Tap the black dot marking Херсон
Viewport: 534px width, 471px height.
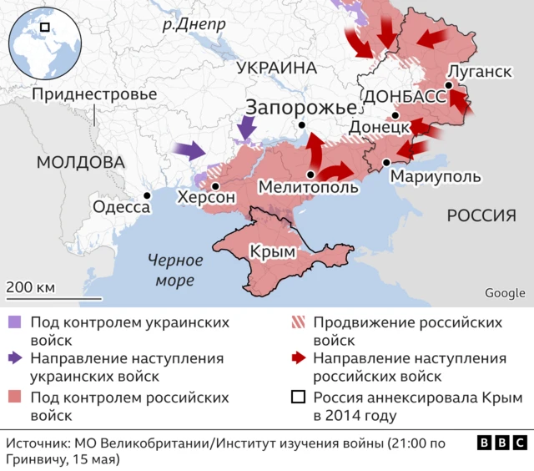pos(215,186)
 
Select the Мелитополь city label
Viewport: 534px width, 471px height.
pos(309,188)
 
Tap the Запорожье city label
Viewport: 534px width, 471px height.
pos(300,107)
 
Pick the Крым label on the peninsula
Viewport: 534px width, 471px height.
pos(270,251)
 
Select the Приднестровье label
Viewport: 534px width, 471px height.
pos(93,94)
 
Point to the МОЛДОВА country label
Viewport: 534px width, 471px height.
pos(80,161)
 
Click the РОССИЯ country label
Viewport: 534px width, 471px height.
pos(481,215)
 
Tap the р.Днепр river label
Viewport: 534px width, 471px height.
pos(194,24)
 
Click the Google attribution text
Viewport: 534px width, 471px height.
pos(505,293)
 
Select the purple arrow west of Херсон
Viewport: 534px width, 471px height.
pos(189,151)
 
